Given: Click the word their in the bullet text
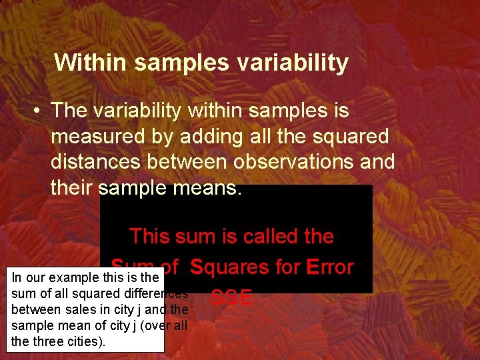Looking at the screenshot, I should pos(71,188).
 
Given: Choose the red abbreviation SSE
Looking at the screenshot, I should pos(231,298).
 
